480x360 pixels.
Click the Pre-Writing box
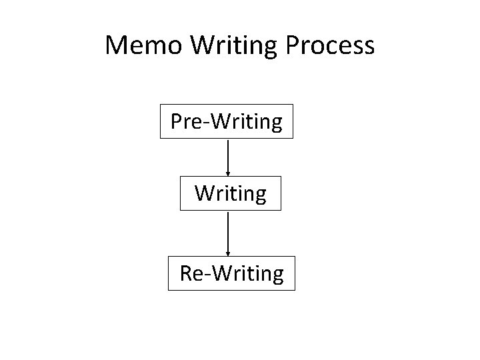[x=227, y=121]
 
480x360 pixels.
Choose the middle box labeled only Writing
[x=230, y=193]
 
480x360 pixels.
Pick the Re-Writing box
[x=231, y=273]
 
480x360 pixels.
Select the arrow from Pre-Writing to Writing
[x=228, y=156]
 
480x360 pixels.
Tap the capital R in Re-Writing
[x=186, y=273]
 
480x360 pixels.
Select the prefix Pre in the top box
[x=187, y=121]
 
